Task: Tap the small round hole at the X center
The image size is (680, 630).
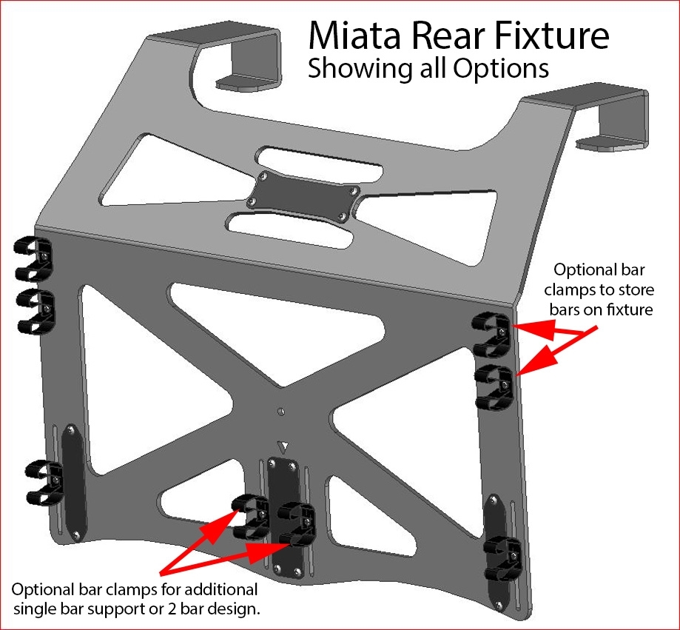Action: pyautogui.click(x=281, y=410)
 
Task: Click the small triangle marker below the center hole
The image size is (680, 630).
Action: pyautogui.click(x=282, y=446)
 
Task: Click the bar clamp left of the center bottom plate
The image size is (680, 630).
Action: pyautogui.click(x=250, y=517)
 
